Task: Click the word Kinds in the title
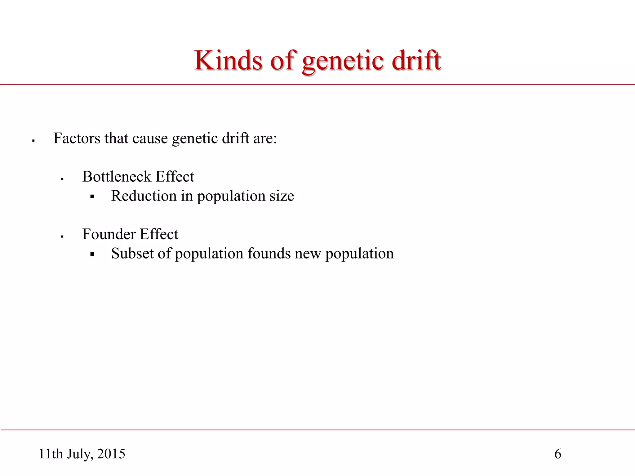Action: (x=228, y=60)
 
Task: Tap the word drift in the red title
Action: (x=416, y=60)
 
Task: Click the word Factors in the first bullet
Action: (x=77, y=138)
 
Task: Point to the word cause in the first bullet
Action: (x=150, y=139)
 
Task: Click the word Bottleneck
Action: (x=117, y=177)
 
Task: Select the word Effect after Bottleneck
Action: (x=175, y=177)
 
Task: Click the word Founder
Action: (x=109, y=234)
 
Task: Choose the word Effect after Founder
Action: (x=159, y=234)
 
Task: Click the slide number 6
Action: (x=557, y=454)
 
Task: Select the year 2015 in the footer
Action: (x=111, y=454)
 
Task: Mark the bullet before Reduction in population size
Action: (x=92, y=196)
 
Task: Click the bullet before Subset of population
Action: (x=92, y=254)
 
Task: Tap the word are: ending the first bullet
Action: (x=265, y=139)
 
